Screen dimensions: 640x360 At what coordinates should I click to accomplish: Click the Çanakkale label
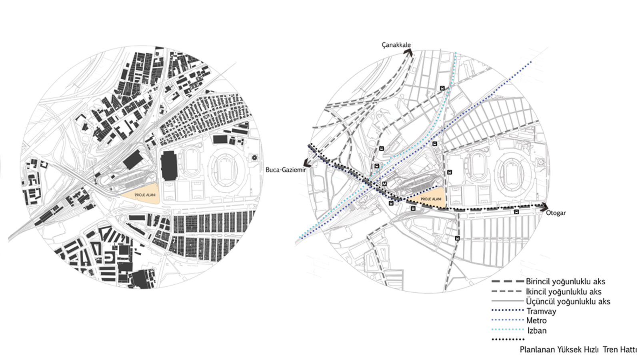(x=396, y=45)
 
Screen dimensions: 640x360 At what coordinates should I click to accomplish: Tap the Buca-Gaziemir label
(x=286, y=170)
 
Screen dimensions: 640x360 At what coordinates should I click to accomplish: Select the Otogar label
(x=556, y=213)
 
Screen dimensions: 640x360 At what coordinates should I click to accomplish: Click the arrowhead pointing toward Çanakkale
(x=408, y=52)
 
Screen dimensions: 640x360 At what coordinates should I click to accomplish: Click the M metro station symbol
(x=384, y=184)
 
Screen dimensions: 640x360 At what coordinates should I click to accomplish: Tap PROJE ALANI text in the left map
(x=145, y=195)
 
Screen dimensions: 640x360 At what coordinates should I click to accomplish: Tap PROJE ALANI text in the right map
(x=431, y=199)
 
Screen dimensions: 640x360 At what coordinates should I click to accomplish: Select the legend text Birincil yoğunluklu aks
(x=566, y=282)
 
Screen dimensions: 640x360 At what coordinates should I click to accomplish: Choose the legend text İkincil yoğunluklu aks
(x=564, y=292)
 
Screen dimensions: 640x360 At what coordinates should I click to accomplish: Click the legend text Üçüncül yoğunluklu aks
(x=568, y=302)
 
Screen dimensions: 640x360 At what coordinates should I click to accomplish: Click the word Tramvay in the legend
(x=541, y=311)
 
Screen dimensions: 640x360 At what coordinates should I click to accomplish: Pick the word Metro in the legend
(x=536, y=320)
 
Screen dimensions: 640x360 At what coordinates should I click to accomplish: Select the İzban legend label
(x=537, y=330)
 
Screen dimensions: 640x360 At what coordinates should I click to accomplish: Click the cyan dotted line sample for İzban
(x=508, y=330)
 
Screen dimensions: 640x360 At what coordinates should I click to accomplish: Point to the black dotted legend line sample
(x=508, y=340)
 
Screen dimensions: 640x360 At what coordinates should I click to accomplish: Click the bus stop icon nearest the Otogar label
(x=516, y=212)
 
